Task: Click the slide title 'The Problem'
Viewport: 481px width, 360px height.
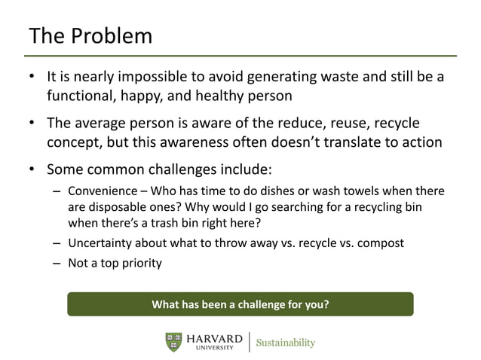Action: (90, 35)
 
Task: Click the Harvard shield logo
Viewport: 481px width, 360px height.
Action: (173, 341)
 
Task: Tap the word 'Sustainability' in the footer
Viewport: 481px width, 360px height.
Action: (285, 343)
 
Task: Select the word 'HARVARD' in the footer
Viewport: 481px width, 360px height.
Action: (215, 338)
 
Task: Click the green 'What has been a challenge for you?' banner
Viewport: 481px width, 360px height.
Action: (240, 305)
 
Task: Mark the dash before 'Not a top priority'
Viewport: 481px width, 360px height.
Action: (57, 264)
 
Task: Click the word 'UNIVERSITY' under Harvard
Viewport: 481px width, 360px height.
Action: (215, 348)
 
